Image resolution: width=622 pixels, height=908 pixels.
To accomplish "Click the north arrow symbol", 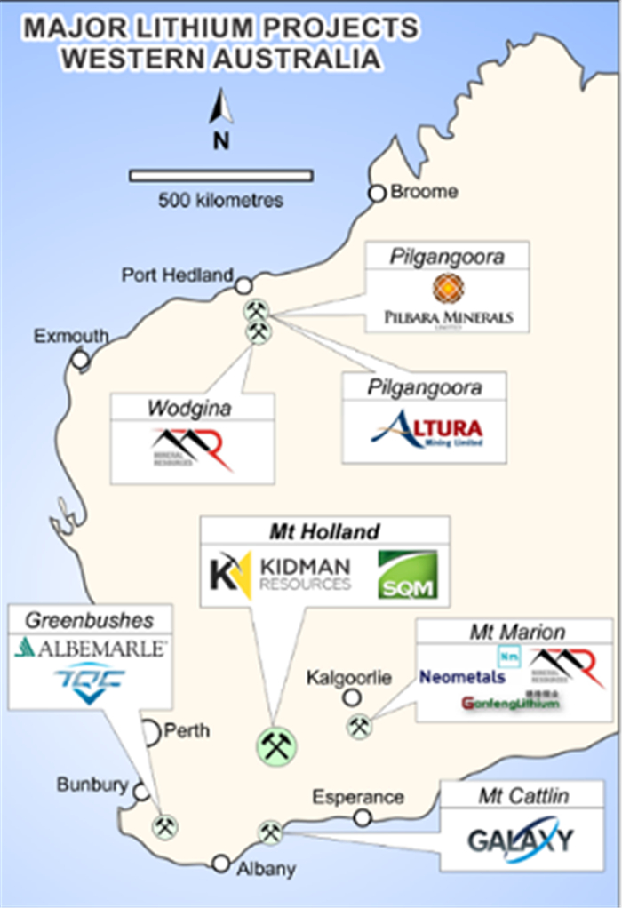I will (220, 109).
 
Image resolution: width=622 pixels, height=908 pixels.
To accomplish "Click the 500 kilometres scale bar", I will (220, 175).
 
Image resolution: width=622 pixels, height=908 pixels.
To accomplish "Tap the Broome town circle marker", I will (378, 193).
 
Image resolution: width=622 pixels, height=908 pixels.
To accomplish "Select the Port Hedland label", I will (177, 275).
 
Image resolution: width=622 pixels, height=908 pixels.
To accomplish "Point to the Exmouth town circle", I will (80, 359).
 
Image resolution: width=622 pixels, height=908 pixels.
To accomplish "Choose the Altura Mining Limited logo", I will (427, 430).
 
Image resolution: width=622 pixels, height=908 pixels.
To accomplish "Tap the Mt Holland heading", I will (324, 531).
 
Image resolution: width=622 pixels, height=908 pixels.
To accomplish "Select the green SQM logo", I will (407, 575).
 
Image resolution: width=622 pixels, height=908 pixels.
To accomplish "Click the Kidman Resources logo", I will (281, 574).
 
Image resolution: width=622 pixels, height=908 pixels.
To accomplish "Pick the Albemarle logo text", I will (91, 649).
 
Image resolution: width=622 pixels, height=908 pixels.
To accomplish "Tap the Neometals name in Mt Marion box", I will (463, 677).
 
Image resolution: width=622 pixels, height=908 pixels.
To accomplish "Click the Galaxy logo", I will (521, 840).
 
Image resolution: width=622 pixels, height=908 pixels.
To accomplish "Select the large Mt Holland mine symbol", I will (277, 745).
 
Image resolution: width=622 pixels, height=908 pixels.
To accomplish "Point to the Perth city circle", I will (149, 732).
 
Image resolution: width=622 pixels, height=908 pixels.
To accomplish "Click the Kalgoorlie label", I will (348, 678).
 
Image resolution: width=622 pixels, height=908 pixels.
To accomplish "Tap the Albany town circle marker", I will (221, 863).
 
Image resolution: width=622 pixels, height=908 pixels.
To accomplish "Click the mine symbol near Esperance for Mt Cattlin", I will (270, 832).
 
